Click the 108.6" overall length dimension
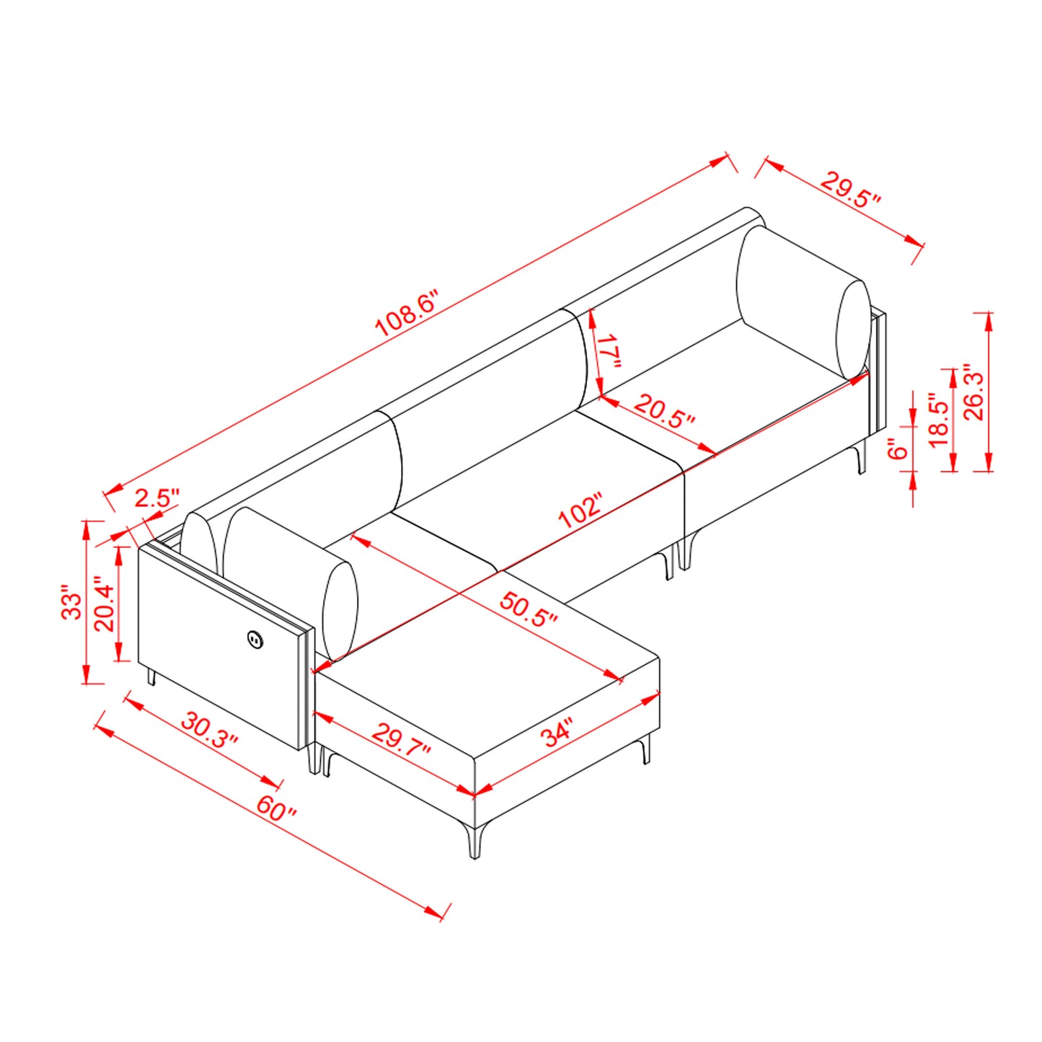coord(406,314)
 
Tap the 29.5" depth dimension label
coord(849,190)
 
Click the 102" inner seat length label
coord(580,510)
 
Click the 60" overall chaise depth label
coord(276,808)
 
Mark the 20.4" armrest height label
coord(104,604)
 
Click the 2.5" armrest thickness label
coord(156,498)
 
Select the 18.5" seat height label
coord(938,420)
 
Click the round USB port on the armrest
coord(255,638)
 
